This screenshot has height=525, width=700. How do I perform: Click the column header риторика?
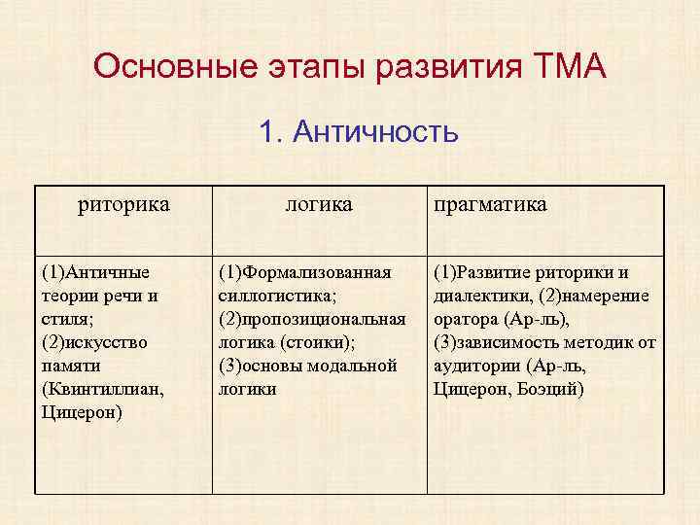coord(123,204)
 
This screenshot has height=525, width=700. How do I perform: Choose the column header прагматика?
coord(490,204)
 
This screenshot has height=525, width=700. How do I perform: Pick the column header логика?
coord(318,204)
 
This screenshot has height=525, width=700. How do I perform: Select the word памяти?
coord(71,366)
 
